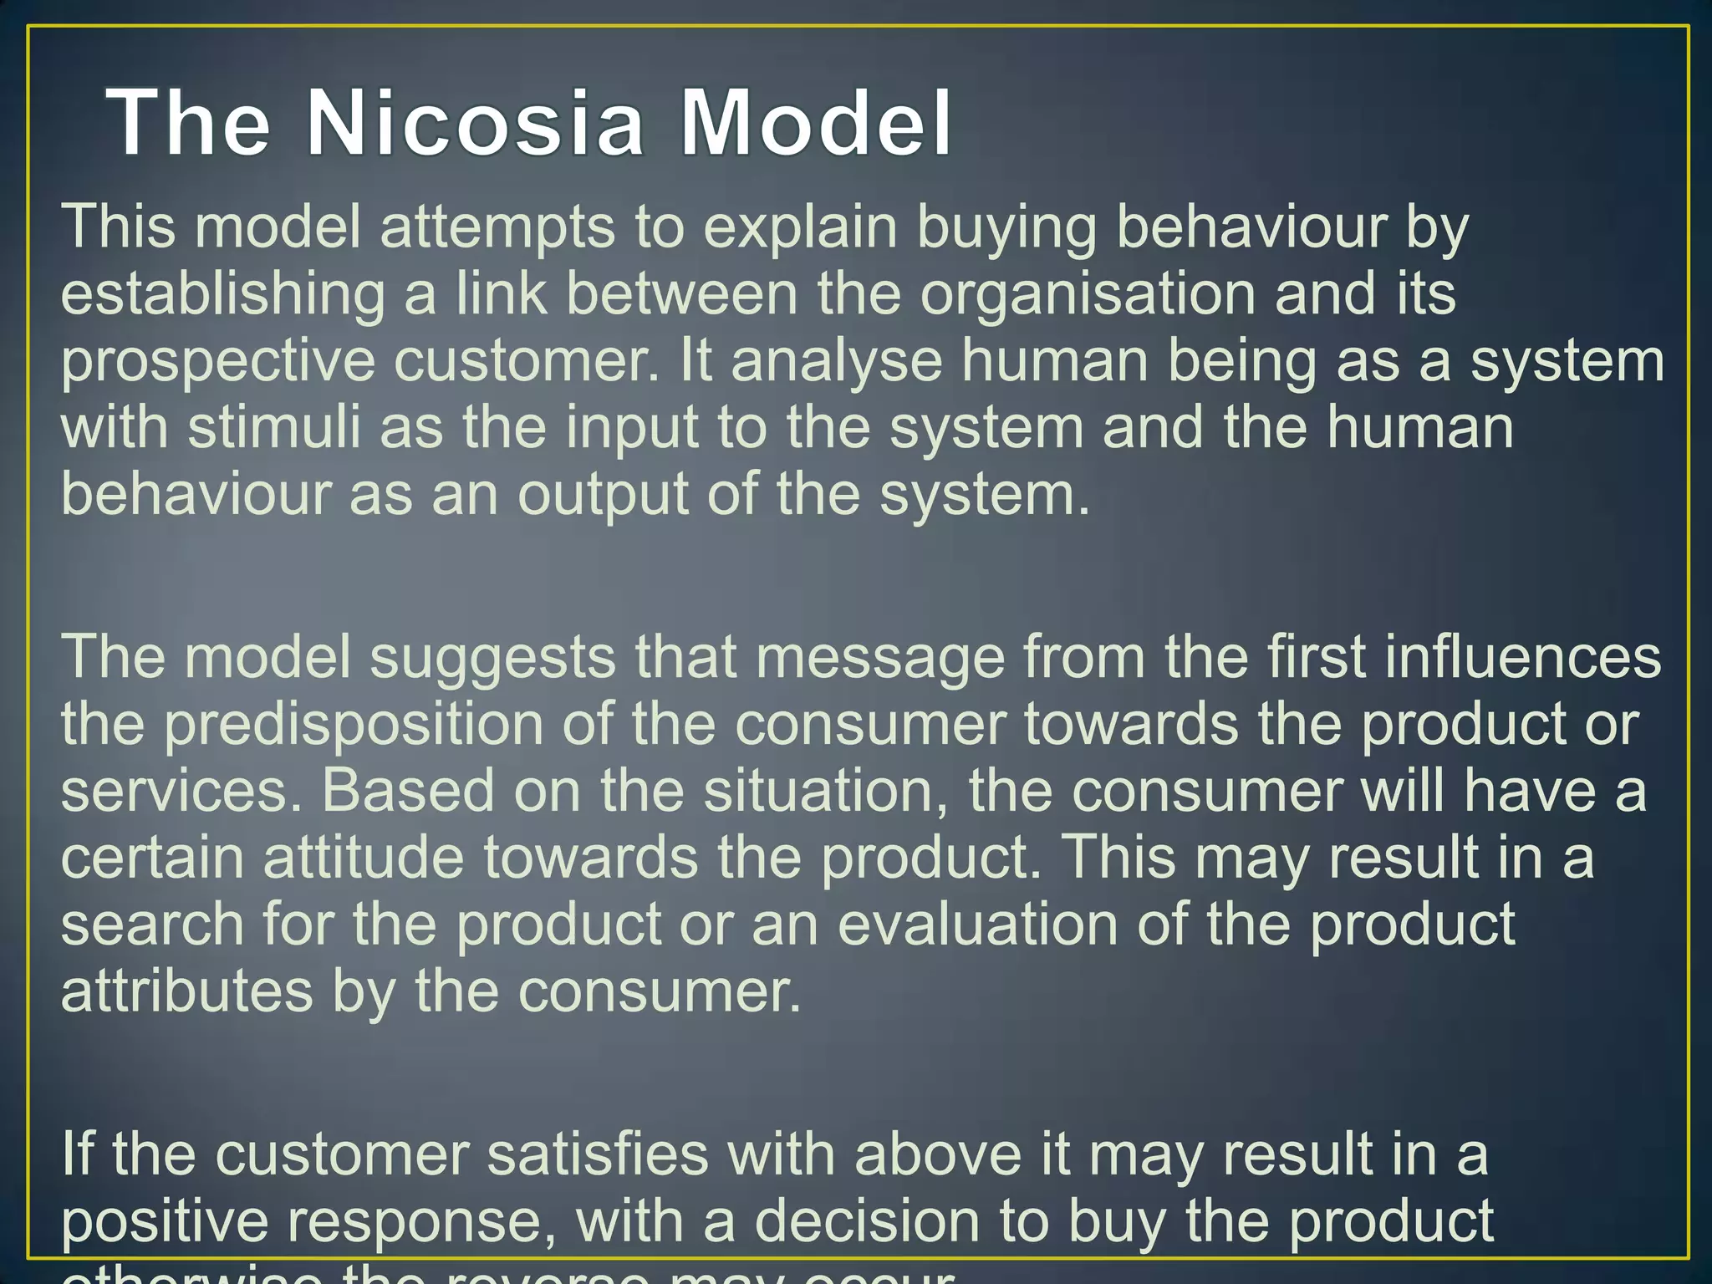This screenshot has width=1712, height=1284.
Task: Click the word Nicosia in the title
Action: pyautogui.click(x=475, y=124)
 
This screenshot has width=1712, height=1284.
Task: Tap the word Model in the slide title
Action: pyautogui.click(x=816, y=124)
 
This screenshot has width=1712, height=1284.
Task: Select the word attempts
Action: pyautogui.click(x=497, y=227)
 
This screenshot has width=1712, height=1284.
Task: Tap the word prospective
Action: pyautogui.click(x=218, y=361)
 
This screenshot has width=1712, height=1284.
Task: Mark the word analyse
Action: pyautogui.click(x=836, y=361)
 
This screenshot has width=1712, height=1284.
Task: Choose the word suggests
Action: pyautogui.click(x=492, y=658)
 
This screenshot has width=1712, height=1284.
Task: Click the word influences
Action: pyautogui.click(x=1522, y=658)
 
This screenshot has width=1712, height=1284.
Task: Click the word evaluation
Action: pyautogui.click(x=978, y=925)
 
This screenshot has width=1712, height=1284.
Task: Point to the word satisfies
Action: pyautogui.click(x=597, y=1154)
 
